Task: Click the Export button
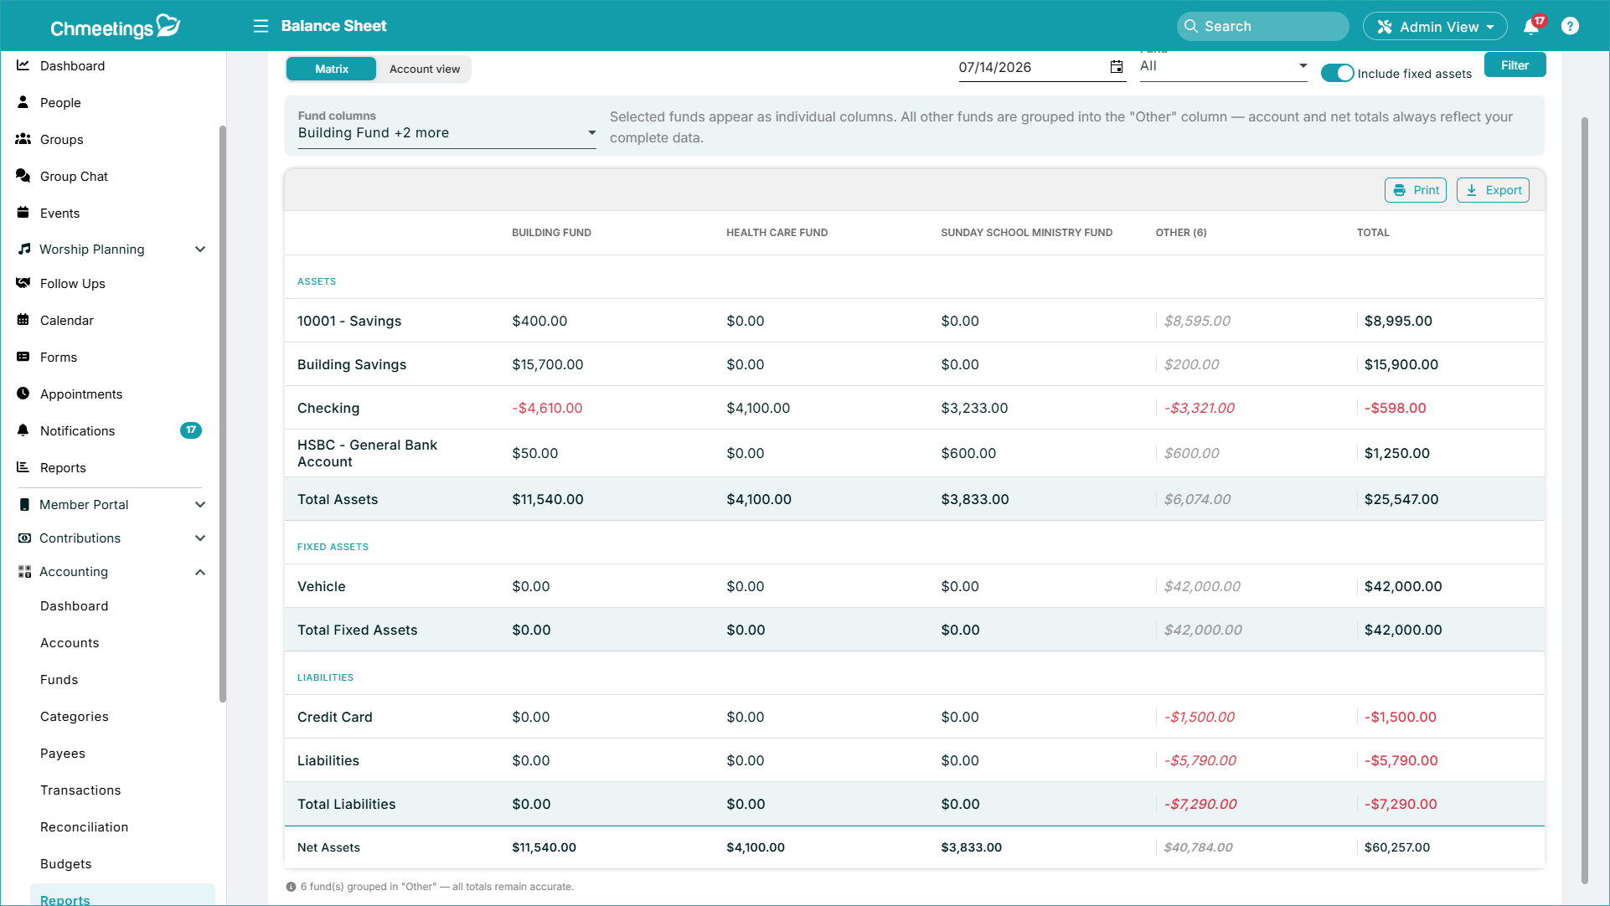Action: pos(1493,190)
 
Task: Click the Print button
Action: pos(1416,190)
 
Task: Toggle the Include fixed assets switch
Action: pos(1337,73)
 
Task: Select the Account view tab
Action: pos(425,69)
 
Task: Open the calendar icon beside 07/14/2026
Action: pos(1117,67)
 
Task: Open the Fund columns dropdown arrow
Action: pos(591,132)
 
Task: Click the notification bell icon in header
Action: pos(1531,26)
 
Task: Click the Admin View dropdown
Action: pos(1435,26)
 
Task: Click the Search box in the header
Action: pos(1262,26)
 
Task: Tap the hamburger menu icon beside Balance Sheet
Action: pos(261,26)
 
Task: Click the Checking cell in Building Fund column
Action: pos(547,408)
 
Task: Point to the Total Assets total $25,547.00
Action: pos(1401,499)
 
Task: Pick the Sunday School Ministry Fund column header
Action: pos(1026,233)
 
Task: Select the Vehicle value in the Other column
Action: pos(1202,586)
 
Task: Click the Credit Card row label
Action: pos(335,717)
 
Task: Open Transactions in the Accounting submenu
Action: pos(80,790)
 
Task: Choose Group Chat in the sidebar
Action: pos(74,177)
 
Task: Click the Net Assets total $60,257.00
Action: pos(1397,847)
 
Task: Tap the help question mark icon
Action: pos(1571,26)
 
